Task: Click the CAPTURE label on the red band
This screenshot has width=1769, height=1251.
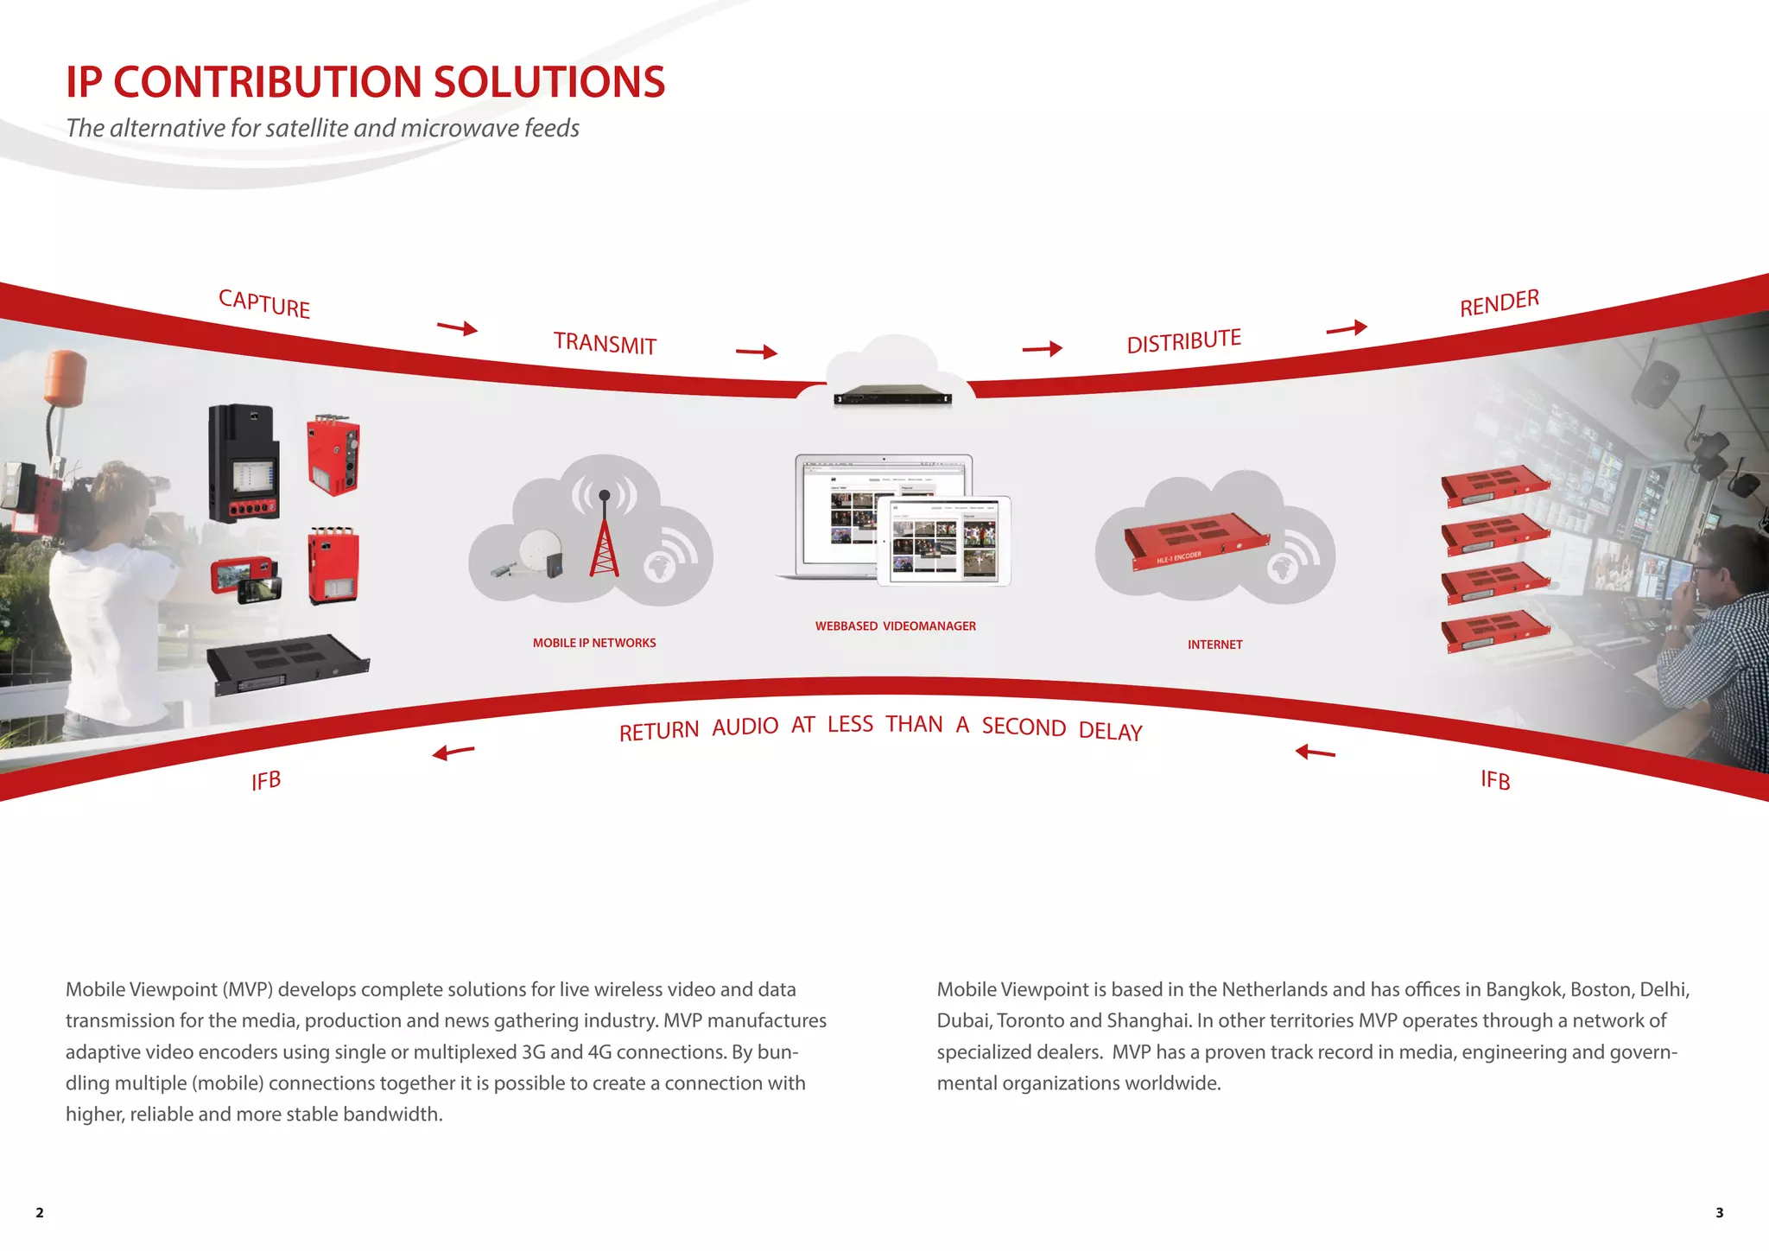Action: point(264,303)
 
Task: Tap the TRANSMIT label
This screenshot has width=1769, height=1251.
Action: point(605,343)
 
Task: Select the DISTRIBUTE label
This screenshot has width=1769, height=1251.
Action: point(1183,341)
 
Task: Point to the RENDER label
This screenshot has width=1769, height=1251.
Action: point(1500,303)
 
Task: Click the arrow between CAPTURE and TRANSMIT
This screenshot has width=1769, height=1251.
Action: point(457,327)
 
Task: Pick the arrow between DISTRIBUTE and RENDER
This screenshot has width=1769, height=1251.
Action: point(1347,328)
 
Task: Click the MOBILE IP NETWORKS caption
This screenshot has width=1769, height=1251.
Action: point(594,643)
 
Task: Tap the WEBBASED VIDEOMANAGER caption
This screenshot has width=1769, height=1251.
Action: point(895,626)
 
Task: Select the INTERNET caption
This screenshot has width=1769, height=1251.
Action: point(1214,645)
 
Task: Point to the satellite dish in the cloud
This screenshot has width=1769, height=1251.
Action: point(542,552)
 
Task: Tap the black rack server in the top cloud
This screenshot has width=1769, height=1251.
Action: point(892,396)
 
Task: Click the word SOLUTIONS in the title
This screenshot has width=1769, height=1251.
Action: point(548,82)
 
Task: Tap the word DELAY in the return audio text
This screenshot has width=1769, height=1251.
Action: point(1110,732)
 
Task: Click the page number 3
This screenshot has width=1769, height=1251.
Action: point(1719,1213)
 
